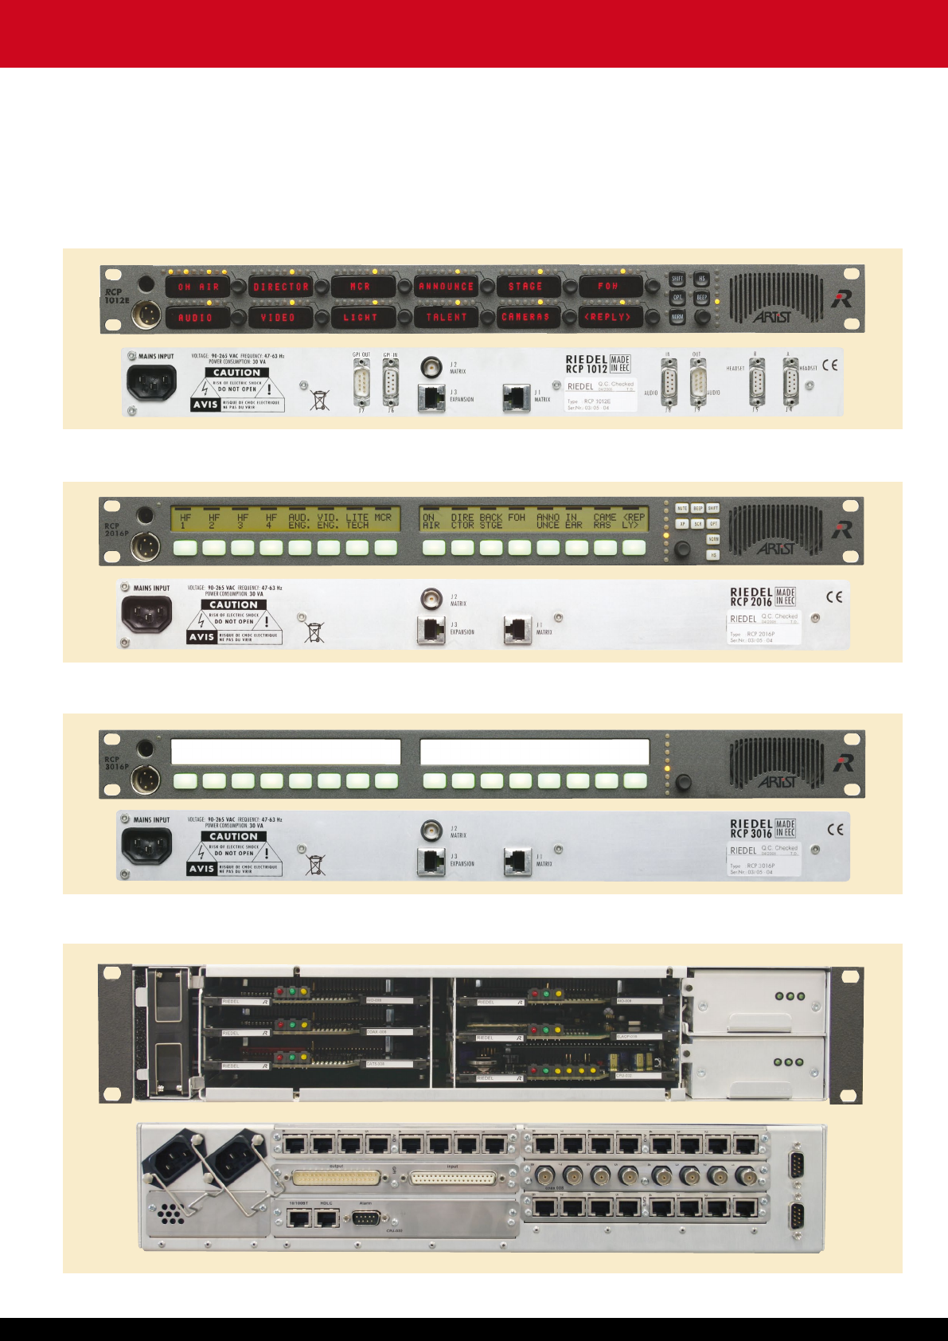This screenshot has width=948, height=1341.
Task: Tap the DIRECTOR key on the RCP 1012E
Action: pyautogui.click(x=281, y=287)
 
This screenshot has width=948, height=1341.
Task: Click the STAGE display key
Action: pyautogui.click(x=525, y=287)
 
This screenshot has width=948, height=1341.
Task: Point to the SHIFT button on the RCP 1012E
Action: pyautogui.click(x=677, y=280)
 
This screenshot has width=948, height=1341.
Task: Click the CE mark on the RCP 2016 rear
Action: pyautogui.click(x=834, y=596)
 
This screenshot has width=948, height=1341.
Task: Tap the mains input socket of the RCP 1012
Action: pyautogui.click(x=151, y=383)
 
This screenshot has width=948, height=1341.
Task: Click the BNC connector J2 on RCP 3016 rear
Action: pyautogui.click(x=431, y=829)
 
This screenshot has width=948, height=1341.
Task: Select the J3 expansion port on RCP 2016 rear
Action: pyautogui.click(x=431, y=630)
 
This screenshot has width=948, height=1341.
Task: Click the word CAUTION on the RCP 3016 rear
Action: pyautogui.click(x=233, y=836)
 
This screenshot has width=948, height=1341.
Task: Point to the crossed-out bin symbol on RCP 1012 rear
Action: pyautogui.click(x=319, y=399)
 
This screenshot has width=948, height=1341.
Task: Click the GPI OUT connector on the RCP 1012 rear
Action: pyautogui.click(x=362, y=383)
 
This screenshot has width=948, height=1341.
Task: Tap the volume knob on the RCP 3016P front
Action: pyautogui.click(x=682, y=782)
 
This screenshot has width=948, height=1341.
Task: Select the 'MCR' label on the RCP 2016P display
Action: pyautogui.click(x=384, y=518)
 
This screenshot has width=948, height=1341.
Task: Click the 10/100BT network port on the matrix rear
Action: pyautogui.click(x=299, y=1218)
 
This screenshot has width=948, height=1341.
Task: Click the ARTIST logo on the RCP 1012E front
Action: pyautogui.click(x=772, y=317)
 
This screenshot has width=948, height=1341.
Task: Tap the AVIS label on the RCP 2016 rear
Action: pyautogui.click(x=201, y=637)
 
